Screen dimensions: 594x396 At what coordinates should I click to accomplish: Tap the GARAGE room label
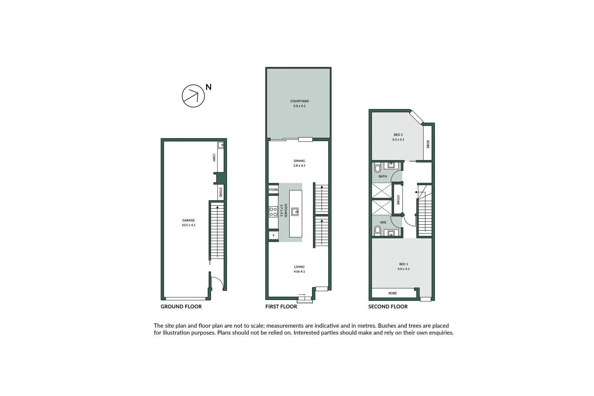point(188,220)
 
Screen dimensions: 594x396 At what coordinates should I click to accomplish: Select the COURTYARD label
point(300,101)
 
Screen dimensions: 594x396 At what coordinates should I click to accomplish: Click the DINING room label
point(300,161)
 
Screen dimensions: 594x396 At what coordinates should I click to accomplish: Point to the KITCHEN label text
point(286,210)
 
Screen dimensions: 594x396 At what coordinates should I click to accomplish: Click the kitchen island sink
point(295,212)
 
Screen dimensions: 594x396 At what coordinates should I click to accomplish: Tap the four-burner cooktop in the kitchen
point(273,212)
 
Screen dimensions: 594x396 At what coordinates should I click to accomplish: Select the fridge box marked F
point(274,235)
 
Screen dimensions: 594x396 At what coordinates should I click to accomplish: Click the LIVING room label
point(300,267)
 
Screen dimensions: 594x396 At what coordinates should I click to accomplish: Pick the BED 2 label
point(398,135)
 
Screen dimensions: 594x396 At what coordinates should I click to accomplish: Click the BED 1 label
point(404,264)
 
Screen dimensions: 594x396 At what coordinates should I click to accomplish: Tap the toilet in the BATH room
point(378,168)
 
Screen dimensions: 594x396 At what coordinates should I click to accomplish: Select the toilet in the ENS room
point(378,230)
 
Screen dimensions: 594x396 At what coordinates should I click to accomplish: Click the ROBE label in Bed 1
point(393,293)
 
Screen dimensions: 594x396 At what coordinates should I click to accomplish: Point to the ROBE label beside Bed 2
point(428,144)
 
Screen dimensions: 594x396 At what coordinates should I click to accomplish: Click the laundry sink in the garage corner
point(221,145)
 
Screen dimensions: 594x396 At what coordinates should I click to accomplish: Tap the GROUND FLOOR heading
point(181,307)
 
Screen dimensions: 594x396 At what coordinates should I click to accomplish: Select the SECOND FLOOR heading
point(388,307)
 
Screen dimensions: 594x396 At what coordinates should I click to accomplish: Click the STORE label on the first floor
point(274,190)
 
